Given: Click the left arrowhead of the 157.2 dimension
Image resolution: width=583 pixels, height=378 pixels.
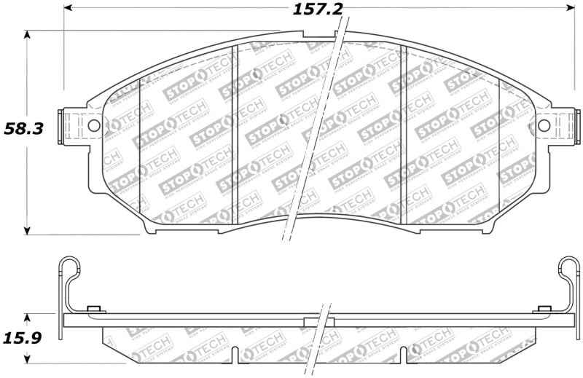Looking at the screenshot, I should pyautogui.click(x=69, y=9).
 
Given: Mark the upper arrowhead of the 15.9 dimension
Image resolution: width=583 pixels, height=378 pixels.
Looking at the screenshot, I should pyautogui.click(x=28, y=318).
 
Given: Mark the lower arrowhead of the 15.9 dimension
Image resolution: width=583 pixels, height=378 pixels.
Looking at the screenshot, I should pyautogui.click(x=28, y=358).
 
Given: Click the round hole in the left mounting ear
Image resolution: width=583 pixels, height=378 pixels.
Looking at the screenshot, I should pyautogui.click(x=93, y=125).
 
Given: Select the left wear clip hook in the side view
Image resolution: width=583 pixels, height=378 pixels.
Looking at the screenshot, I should pyautogui.click(x=66, y=269).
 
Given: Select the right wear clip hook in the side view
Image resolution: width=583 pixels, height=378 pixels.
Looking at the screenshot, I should pyautogui.click(x=568, y=269).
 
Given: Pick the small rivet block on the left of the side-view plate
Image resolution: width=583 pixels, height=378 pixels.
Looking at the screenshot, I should pyautogui.click(x=93, y=310).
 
